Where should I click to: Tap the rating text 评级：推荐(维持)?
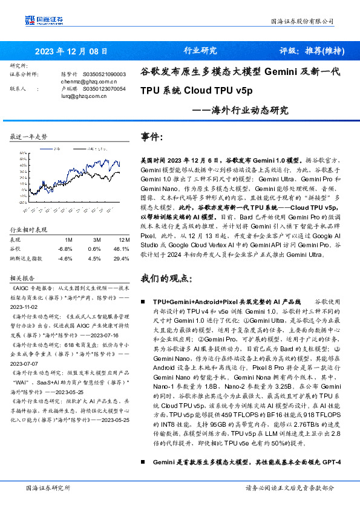[x=312, y=51]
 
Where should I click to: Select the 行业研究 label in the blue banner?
[x=200, y=51]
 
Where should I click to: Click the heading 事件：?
[x=152, y=137]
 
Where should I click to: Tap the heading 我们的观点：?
[x=167, y=279]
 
